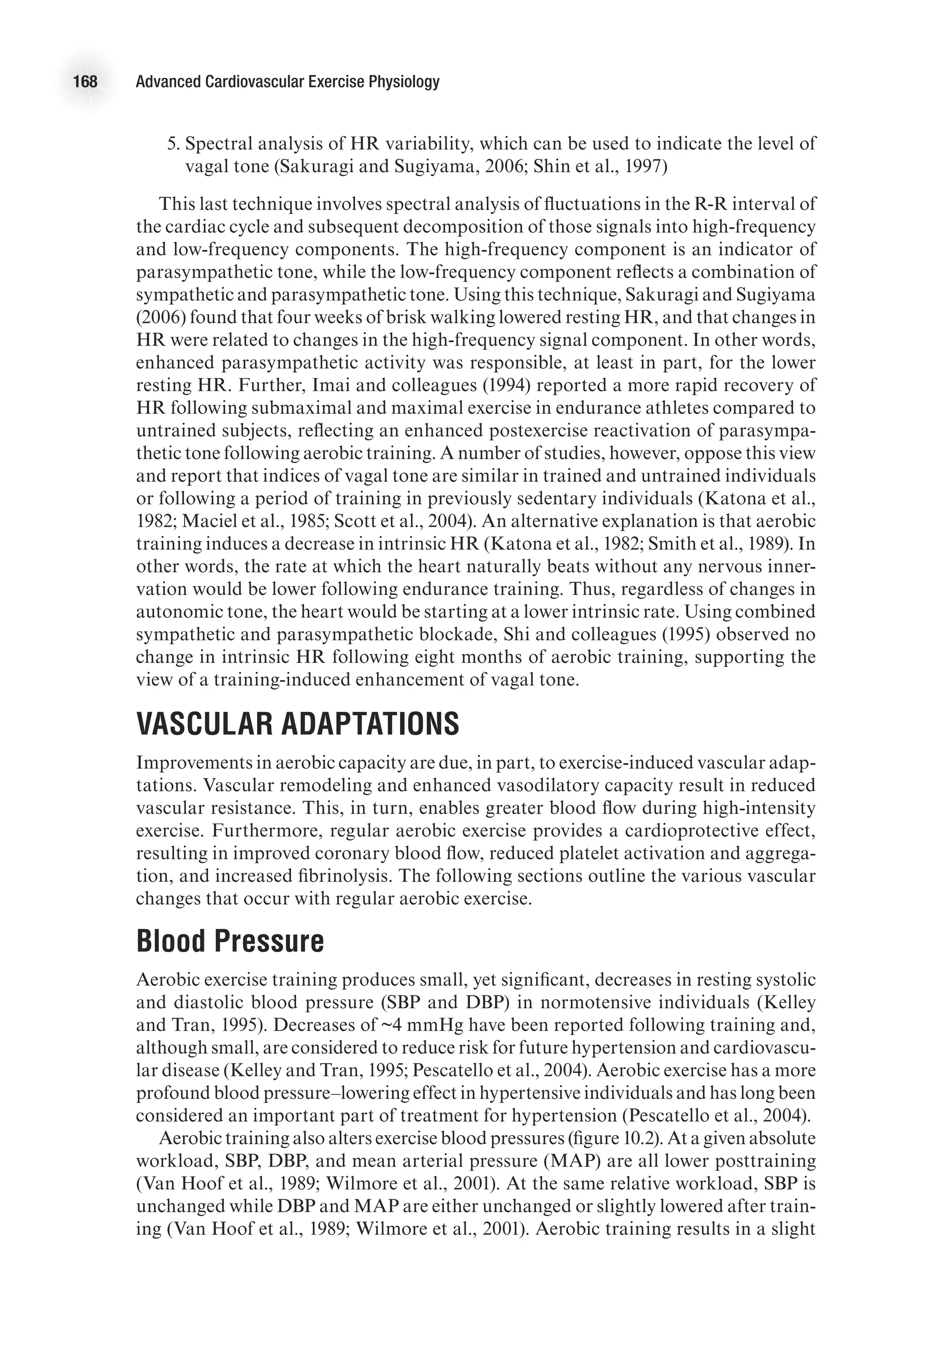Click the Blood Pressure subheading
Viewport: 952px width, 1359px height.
coord(230,941)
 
